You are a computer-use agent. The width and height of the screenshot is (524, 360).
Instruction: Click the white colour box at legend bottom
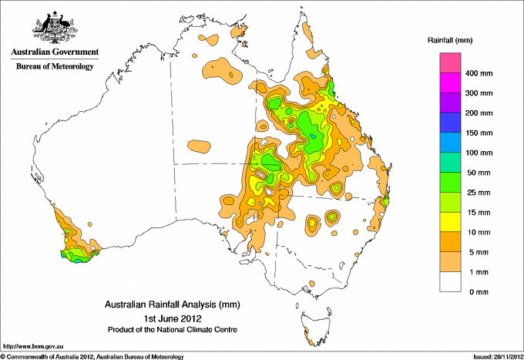(x=449, y=282)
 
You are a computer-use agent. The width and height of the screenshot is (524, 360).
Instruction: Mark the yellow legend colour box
(x=449, y=222)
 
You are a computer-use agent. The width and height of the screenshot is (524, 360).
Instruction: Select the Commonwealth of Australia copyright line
(x=92, y=356)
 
